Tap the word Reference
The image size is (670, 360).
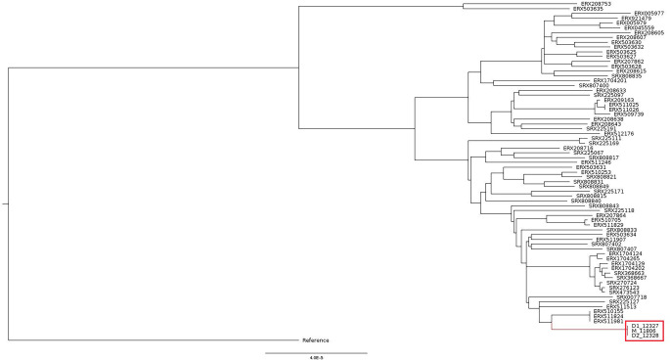pyautogui.click(x=315, y=339)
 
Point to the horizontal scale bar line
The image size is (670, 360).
pyautogui.click(x=316, y=350)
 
